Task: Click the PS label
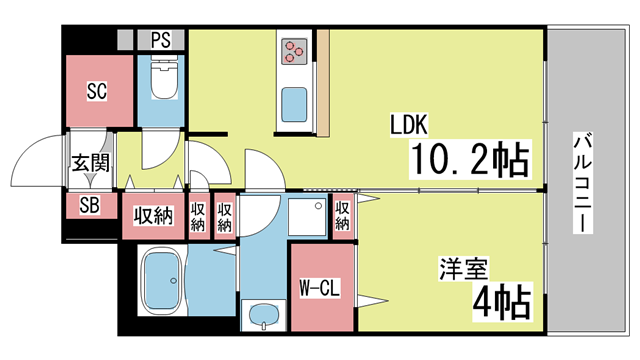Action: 161,40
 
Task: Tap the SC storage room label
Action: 97,91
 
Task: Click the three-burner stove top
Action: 294,52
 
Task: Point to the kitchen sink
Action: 294,104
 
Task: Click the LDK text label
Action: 409,125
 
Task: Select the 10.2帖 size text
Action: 470,159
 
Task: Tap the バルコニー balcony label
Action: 583,182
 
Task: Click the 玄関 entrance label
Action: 91,163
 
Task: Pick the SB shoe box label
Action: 89,205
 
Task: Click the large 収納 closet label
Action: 153,216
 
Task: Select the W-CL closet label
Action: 320,288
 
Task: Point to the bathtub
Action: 162,281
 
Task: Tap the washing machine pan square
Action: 307,217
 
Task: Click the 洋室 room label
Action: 463,269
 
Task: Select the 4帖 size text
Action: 502,302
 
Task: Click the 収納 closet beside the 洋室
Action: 342,216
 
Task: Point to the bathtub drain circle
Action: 173,281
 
